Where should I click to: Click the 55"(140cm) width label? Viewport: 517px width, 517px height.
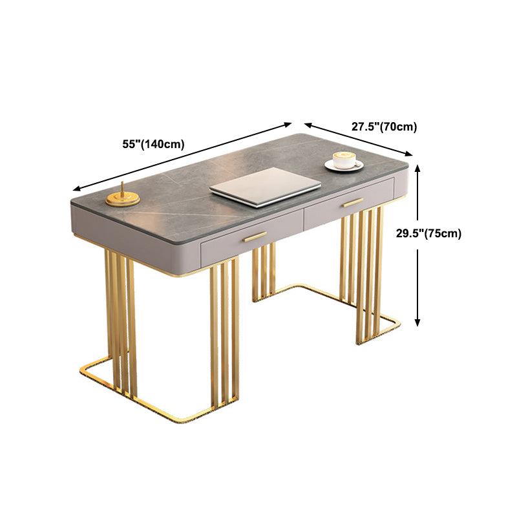(x=153, y=144)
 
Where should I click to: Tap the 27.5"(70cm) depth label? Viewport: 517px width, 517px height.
(x=384, y=127)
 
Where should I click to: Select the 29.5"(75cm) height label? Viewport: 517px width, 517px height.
(x=428, y=233)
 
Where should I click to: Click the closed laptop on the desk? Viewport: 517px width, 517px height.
(x=265, y=187)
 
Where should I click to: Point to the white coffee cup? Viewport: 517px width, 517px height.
(x=344, y=160)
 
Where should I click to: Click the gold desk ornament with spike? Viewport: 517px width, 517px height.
(x=123, y=197)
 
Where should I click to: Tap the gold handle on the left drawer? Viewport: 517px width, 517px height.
(x=255, y=237)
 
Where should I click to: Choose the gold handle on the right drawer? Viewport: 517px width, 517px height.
(x=352, y=202)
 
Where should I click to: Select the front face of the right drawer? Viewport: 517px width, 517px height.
(x=349, y=204)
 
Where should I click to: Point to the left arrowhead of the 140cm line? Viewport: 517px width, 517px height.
(x=76, y=189)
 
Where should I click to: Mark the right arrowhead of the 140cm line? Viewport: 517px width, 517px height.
(x=288, y=124)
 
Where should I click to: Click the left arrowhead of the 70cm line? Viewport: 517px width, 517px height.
(x=308, y=125)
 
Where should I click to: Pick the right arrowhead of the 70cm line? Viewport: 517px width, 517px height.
(x=409, y=153)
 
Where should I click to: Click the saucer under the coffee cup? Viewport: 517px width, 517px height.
(x=344, y=165)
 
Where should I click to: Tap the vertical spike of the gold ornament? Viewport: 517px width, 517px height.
(x=122, y=189)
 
